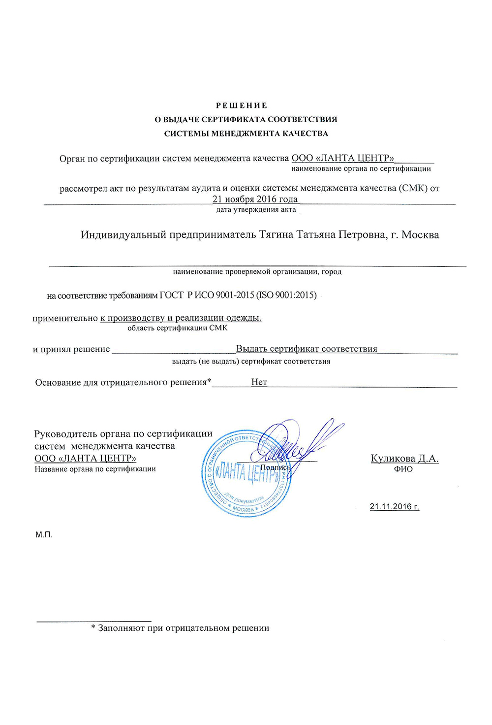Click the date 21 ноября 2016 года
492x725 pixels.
(x=255, y=199)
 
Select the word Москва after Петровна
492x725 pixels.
(x=420, y=235)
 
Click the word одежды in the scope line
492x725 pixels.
(x=246, y=318)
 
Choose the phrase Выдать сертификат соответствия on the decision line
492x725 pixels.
(x=307, y=349)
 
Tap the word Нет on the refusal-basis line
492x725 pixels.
(x=259, y=382)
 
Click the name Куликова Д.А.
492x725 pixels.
(x=404, y=459)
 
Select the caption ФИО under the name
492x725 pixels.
(x=403, y=469)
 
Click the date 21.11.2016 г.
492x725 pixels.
(x=394, y=507)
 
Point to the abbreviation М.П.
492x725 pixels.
(x=44, y=535)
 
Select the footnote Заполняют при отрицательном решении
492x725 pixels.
(x=183, y=628)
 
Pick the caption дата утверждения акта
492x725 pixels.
(x=256, y=210)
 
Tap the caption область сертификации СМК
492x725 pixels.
(x=177, y=328)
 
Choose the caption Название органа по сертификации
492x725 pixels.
(x=95, y=469)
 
